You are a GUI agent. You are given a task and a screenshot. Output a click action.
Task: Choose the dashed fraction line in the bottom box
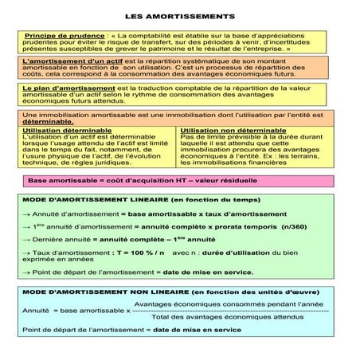pos(231,311)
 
